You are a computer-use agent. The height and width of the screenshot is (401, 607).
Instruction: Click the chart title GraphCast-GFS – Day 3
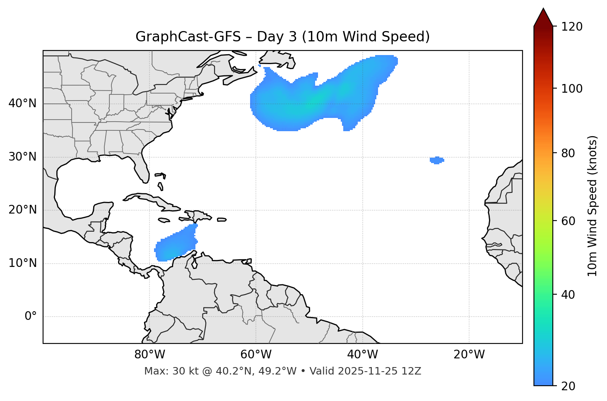pos(282,37)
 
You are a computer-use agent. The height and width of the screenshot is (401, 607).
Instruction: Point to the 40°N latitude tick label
pos(22,103)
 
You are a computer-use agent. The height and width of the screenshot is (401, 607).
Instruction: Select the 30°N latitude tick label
pos(22,157)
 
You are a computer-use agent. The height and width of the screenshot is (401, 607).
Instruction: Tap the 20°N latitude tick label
pos(22,210)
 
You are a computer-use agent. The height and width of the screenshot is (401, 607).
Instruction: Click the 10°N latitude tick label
pos(22,263)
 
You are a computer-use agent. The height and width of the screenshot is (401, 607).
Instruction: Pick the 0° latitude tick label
pos(31,317)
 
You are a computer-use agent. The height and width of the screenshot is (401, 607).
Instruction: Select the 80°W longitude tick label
pos(149,355)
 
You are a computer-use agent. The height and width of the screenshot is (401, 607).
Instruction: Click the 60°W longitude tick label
pos(256,355)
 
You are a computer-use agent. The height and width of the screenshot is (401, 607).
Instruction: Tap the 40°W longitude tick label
pos(362,355)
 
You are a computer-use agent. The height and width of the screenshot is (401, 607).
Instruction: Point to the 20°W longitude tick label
pos(469,355)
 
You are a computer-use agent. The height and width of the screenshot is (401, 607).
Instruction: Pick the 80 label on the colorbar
pos(571,153)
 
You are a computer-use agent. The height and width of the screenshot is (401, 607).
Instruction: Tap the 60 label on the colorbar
pos(571,221)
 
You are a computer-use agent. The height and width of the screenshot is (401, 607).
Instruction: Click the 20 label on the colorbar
pos(571,386)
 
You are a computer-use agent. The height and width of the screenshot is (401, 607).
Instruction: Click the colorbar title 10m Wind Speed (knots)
pos(593,206)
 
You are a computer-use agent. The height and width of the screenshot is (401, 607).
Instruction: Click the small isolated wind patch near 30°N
pos(437,160)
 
